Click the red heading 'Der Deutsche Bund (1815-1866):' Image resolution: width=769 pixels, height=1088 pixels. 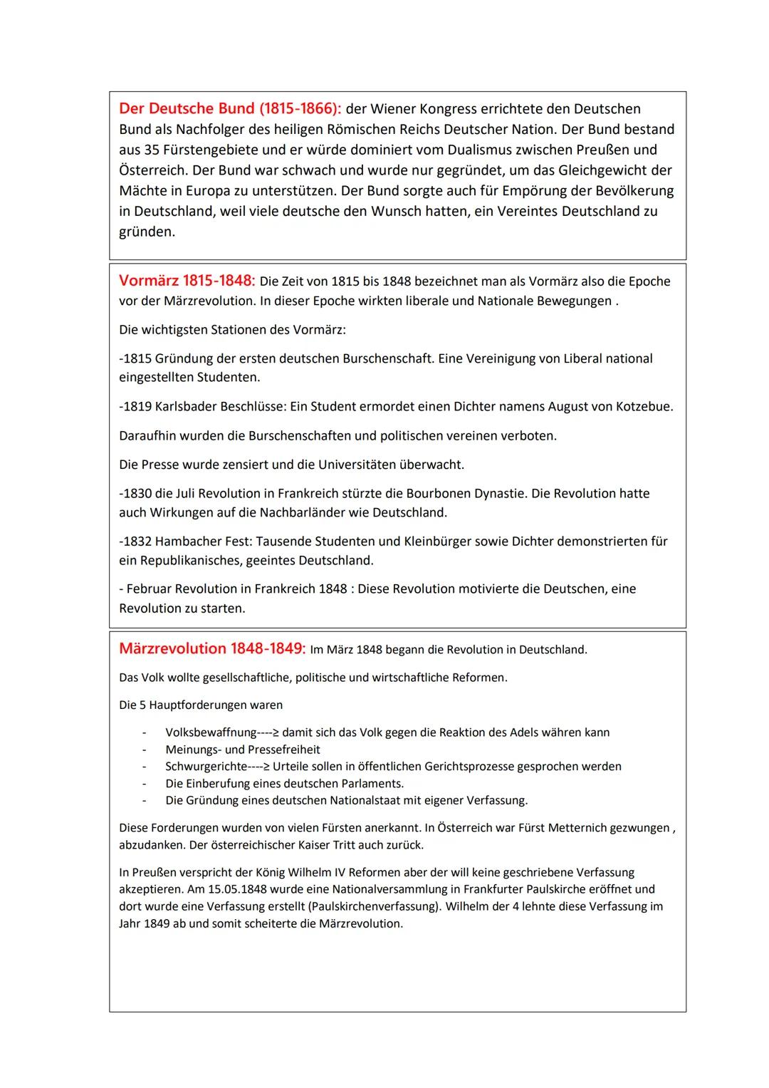230,109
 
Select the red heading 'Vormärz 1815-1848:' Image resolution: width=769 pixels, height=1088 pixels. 187,281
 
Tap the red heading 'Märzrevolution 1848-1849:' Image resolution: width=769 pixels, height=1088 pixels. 212,649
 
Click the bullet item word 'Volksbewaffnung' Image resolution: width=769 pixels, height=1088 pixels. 211,733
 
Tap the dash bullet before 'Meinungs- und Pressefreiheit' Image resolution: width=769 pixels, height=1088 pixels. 145,750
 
